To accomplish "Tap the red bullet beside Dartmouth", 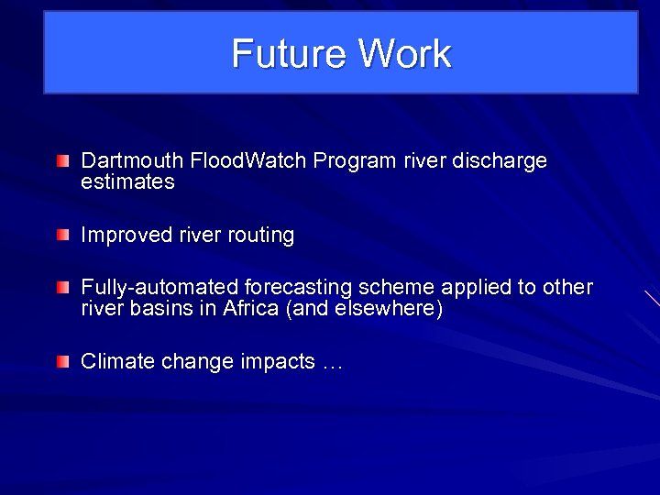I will (x=61, y=162).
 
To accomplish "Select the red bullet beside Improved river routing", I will (x=61, y=236).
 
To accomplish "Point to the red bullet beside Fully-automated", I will (x=61, y=289).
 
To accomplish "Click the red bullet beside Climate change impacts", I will (x=61, y=362).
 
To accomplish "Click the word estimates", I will (x=127, y=182).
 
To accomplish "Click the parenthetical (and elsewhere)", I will (x=365, y=309).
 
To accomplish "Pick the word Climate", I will (x=118, y=362).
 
